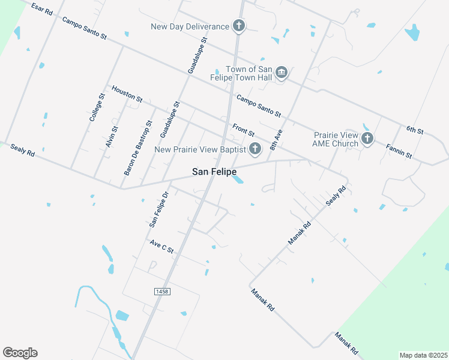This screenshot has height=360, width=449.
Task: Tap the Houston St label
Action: (127, 93)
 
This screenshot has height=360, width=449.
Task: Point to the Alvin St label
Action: (112, 137)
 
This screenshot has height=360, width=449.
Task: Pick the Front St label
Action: (244, 130)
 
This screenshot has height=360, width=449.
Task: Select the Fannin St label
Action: (399, 151)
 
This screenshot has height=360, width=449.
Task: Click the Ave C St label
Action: (161, 246)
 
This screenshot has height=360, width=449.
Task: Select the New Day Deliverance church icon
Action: (239, 26)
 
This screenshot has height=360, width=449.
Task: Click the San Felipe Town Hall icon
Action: (282, 74)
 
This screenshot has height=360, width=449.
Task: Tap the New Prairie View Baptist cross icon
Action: (255, 149)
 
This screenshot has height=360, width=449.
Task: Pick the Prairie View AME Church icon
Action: (367, 139)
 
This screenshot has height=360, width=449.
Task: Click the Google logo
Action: (20, 353)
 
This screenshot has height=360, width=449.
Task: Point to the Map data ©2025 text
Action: (424, 355)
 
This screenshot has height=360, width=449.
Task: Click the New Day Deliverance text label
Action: (190, 26)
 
